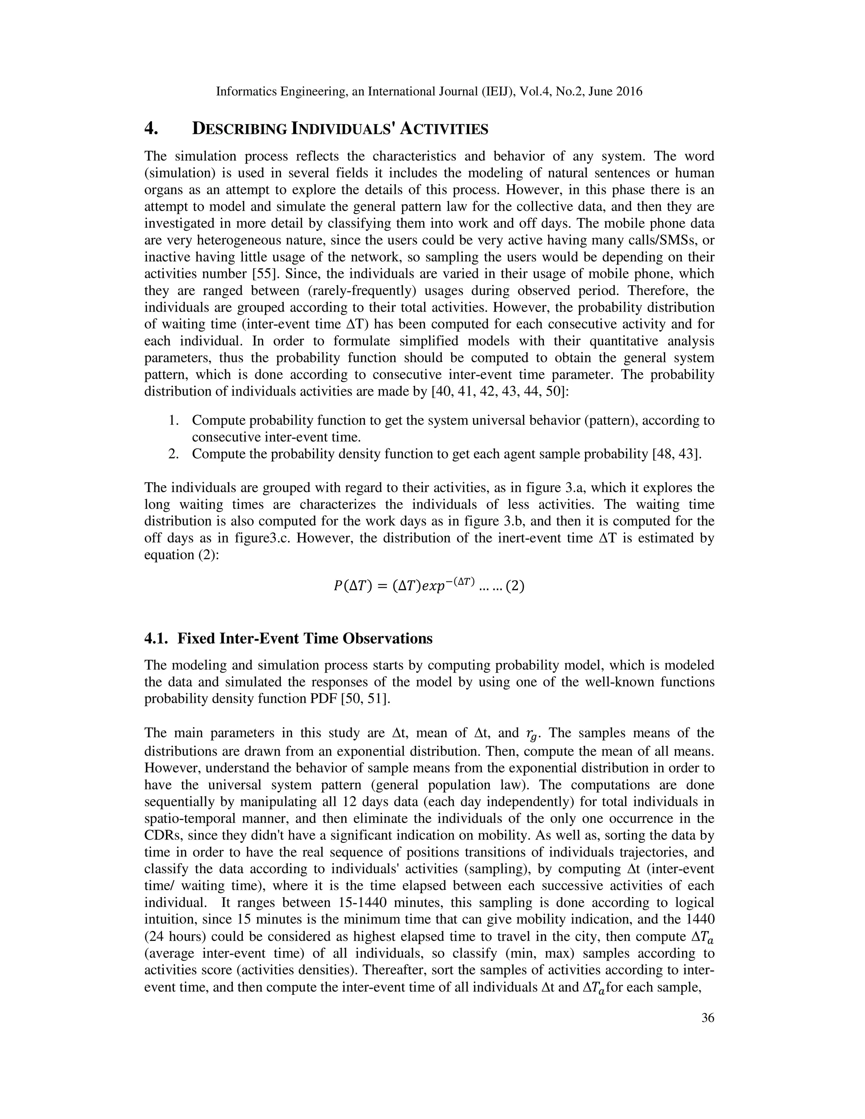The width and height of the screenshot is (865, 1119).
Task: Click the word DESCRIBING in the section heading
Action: coord(239,129)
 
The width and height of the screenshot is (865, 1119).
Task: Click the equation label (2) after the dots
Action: coord(514,586)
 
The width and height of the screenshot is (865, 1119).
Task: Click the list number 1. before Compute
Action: coord(174,421)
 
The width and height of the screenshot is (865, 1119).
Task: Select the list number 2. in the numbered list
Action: coord(174,454)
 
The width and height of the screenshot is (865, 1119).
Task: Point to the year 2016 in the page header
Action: coord(629,92)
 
